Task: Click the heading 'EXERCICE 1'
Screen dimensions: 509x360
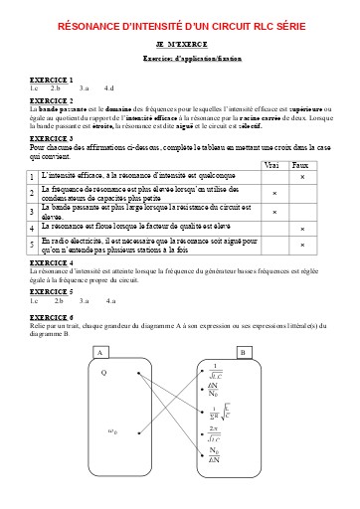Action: (51, 79)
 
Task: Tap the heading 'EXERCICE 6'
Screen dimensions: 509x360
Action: (51, 315)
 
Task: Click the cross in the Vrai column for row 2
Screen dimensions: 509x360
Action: (273, 192)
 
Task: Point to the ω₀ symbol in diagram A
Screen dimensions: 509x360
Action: (112, 431)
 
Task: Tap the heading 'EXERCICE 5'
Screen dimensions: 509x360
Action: (51, 291)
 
